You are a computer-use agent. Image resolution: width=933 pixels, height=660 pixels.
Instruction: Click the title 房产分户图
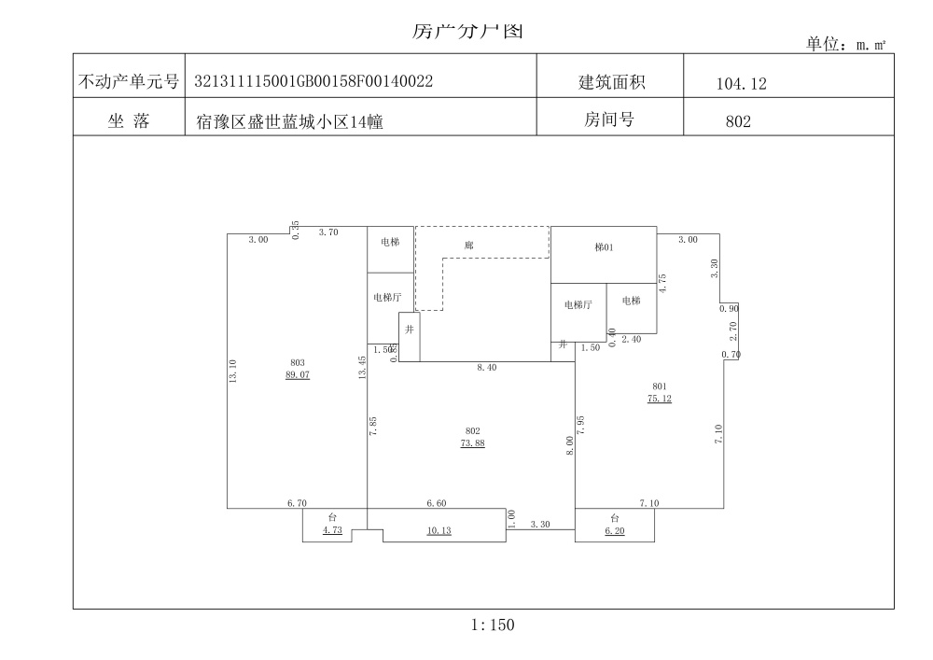coord(467,31)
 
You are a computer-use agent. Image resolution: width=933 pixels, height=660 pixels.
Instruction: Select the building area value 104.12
coord(741,84)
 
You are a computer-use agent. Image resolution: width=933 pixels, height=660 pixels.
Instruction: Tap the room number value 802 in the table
coord(738,120)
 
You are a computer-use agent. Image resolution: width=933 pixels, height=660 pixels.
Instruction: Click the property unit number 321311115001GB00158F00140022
coord(313,81)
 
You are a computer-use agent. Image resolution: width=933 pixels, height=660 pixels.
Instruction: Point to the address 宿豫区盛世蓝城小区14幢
coord(289,121)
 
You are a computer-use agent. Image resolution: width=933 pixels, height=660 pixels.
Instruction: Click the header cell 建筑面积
coord(612,82)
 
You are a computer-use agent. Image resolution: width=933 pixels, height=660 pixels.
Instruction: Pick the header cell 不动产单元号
coord(129,82)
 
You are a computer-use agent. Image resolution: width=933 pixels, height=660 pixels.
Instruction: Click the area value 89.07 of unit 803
coord(298,374)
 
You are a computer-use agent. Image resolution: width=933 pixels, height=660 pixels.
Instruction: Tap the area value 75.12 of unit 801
coord(659,398)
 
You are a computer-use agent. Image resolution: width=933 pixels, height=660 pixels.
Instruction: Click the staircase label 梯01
coord(605,247)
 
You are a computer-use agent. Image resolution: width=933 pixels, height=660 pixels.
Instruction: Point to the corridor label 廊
coord(469,246)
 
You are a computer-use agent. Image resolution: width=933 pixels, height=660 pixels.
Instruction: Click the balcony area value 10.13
coord(439,531)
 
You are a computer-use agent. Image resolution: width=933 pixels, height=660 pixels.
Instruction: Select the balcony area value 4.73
coord(333,530)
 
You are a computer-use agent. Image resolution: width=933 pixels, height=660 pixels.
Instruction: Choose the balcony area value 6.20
coord(614,530)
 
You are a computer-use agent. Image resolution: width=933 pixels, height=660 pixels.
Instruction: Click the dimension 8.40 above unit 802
coord(486,369)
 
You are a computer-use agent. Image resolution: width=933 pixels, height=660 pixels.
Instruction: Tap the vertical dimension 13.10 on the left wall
coord(233,372)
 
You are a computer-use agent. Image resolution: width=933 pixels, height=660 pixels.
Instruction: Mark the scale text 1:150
coord(493,625)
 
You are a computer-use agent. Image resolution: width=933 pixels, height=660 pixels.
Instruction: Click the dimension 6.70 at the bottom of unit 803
coord(297,503)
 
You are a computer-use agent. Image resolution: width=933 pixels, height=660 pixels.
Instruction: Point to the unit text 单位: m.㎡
coord(844,44)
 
